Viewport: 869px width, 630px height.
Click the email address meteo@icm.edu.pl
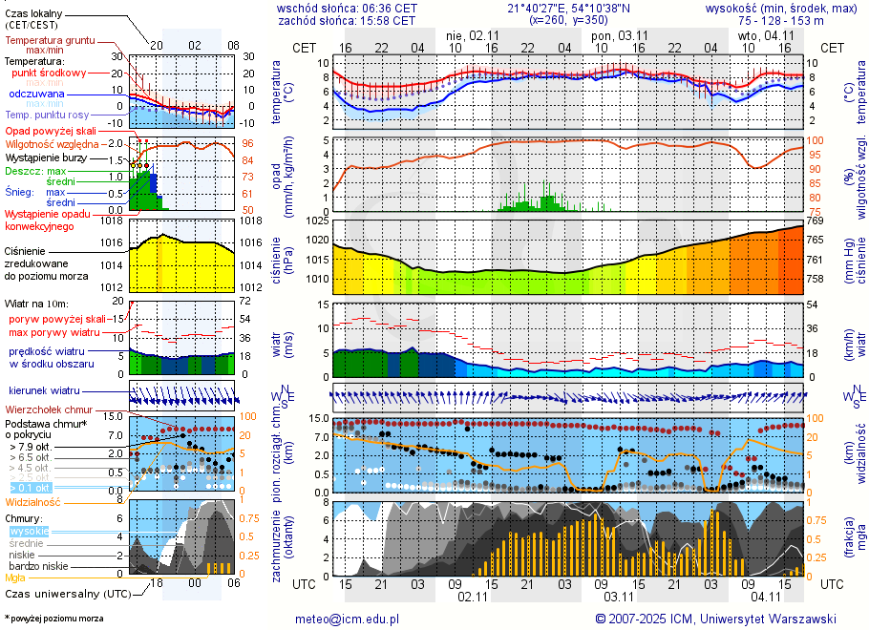click(x=347, y=619)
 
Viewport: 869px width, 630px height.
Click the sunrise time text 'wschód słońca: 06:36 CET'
click(x=347, y=7)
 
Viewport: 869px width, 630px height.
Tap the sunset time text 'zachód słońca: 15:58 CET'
click(x=347, y=19)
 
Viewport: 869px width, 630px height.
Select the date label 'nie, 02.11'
click(x=467, y=35)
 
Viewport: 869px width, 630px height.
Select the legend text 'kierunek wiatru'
click(x=45, y=391)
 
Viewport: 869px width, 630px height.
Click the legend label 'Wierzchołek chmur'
click(x=52, y=409)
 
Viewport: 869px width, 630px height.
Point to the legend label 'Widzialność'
click(x=32, y=501)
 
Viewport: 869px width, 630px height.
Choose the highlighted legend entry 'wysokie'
click(x=29, y=531)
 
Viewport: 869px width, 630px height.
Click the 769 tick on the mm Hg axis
click(x=816, y=220)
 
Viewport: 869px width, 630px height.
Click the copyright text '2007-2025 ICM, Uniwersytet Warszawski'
click(x=722, y=619)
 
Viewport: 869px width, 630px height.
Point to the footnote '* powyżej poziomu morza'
click(x=53, y=619)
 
